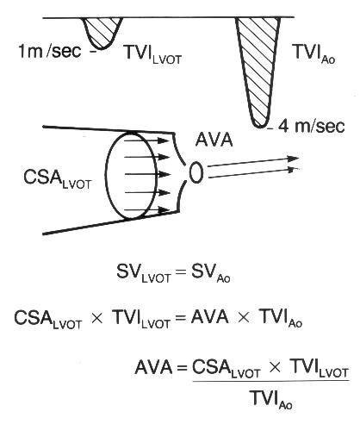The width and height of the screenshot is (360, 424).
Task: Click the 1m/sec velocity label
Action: pos(49,52)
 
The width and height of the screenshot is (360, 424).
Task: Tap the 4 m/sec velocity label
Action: pos(311,126)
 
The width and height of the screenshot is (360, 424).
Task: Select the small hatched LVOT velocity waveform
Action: pos(102,33)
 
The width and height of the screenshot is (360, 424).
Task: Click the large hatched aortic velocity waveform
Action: pos(258,72)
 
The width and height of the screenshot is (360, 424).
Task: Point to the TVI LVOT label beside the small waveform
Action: pos(153,54)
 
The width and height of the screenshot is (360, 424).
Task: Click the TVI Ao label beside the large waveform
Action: pos(313,53)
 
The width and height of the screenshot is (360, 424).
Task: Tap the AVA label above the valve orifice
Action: pos(214,140)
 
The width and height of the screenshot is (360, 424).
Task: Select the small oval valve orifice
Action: pos(196,172)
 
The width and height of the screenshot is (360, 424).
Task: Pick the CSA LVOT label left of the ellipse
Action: pos(57,179)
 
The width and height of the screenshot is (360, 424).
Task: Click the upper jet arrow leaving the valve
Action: pos(253,161)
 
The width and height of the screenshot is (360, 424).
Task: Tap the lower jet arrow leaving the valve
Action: pos(252,173)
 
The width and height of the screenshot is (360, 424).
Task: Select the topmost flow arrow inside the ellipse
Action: pos(146,140)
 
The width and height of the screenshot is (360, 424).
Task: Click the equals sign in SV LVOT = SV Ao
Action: pos(181,271)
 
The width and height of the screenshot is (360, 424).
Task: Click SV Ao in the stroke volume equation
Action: pos(210,274)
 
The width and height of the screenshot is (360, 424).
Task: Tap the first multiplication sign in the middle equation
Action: pos(96,319)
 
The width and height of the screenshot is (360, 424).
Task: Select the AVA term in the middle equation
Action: pos(210,317)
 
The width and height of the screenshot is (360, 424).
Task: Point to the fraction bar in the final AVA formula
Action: pos(271,381)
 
